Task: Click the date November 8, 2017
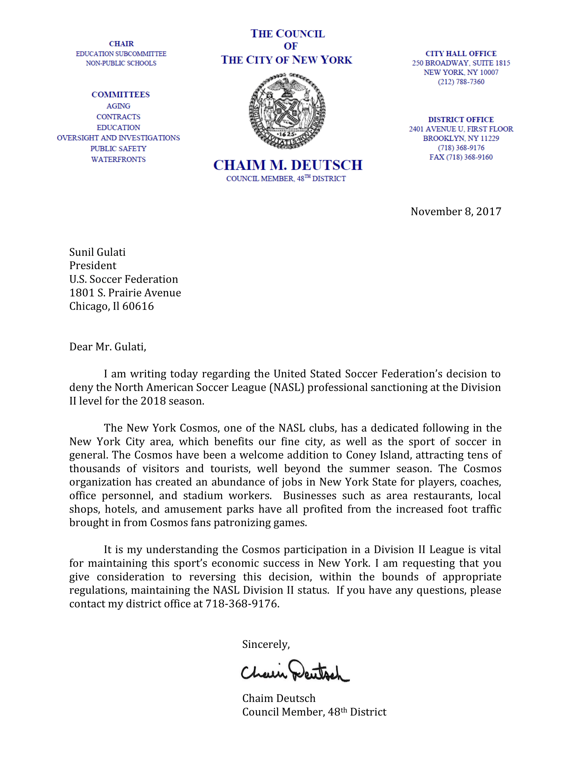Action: pos(456,211)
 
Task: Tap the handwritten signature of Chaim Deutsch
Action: pos(295,671)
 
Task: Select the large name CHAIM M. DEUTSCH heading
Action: pos(288,165)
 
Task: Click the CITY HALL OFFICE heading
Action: pos(460,53)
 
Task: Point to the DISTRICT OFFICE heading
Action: pos(460,119)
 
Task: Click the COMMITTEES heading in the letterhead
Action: pos(120,94)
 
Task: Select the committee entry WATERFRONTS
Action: pos(118,159)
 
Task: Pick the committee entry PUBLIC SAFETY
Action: pos(118,148)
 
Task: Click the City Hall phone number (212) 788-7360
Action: pos(460,82)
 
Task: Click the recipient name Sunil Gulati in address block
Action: pos(97,252)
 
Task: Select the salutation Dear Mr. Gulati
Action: pos(108,347)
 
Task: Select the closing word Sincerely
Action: pos(266,644)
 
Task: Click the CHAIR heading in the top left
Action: pos(121,44)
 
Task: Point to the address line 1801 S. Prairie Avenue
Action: pos(125,292)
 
